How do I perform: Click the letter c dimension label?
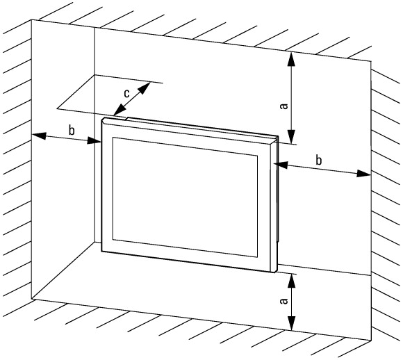(x=126, y=94)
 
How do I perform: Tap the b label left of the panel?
(x=72, y=130)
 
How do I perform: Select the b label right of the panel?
(x=319, y=161)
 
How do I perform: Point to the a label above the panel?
(x=283, y=106)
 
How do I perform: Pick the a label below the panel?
(x=283, y=301)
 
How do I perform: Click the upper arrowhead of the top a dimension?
(x=291, y=59)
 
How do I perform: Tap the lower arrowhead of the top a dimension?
(x=291, y=136)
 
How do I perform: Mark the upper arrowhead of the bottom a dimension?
(x=291, y=281)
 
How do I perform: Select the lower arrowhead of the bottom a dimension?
(x=291, y=322)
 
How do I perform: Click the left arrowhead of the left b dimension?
(x=39, y=136)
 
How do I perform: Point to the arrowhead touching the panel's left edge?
(x=94, y=140)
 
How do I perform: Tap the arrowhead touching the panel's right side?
(x=281, y=165)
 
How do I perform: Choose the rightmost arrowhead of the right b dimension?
(x=363, y=174)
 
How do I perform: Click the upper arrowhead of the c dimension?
(x=145, y=88)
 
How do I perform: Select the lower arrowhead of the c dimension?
(x=120, y=111)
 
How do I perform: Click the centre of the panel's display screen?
(x=185, y=197)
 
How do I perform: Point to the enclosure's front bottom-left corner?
(x=31, y=299)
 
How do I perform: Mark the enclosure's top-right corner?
(x=371, y=61)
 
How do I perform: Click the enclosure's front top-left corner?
(x=31, y=19)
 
